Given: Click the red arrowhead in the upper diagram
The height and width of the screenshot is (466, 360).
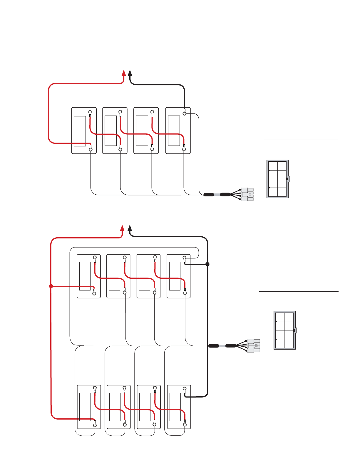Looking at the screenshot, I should tap(124, 73).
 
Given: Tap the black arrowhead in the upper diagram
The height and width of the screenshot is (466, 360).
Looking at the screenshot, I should tap(130, 73).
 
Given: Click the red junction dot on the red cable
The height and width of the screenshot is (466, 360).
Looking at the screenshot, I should tap(51, 286).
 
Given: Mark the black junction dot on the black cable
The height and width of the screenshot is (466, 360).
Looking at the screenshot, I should tap(207, 264).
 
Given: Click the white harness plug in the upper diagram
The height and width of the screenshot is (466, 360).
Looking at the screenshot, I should tap(247, 194).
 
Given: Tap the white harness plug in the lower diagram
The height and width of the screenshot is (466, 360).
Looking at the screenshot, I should tap(254, 345).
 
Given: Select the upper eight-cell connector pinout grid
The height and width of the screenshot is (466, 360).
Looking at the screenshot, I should tap(277, 179).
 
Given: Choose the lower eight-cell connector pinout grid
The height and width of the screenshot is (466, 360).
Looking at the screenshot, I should tap(284, 330).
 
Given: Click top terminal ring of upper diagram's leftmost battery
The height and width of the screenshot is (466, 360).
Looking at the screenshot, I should tap(90, 112).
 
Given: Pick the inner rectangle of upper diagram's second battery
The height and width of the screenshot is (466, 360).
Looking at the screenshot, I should tap(110, 131).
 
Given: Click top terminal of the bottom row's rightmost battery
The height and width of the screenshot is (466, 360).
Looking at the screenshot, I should tap(185, 388).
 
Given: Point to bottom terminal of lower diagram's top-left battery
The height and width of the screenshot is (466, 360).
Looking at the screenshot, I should tap(94, 293).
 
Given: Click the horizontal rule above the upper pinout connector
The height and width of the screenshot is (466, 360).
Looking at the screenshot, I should tap(301, 139).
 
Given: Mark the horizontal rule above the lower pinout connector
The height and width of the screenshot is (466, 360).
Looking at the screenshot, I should tap(299, 292).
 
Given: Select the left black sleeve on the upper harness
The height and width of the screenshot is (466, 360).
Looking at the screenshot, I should tap(209, 194).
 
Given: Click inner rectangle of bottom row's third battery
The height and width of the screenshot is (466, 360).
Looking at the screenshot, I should tap(145, 407).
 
